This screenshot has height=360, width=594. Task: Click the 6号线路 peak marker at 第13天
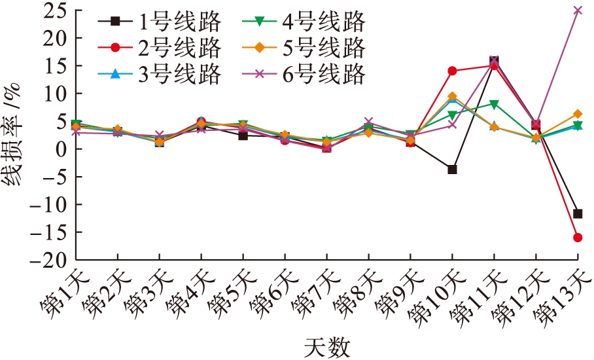[578, 10]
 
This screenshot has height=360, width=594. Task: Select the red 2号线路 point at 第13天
[578, 238]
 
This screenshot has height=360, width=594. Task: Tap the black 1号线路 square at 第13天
[578, 213]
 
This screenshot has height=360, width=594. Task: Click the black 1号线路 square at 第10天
[452, 170]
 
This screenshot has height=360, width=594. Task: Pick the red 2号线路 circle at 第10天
[452, 71]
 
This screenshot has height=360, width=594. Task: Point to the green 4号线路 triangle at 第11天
[495, 104]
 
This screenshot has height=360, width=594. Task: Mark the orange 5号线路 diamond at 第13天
[578, 114]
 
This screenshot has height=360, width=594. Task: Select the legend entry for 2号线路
[160, 48]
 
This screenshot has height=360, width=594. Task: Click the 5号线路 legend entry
[304, 48]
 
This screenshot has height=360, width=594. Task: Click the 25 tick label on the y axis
[53, 11]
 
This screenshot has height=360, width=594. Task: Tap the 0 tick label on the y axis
[60, 149]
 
